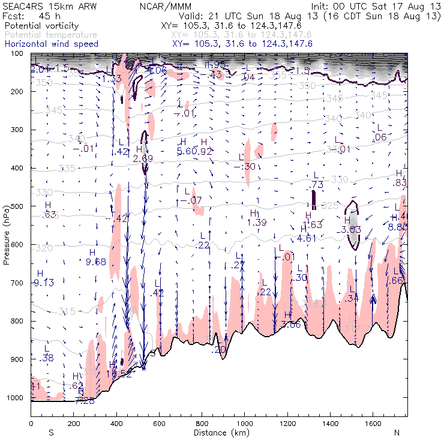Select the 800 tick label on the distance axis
click(201, 423)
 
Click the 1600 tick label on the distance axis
click(373, 423)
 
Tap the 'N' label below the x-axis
click(397, 432)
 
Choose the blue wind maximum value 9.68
click(96, 261)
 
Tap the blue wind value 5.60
click(187, 151)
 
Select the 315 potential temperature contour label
click(67, 311)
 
